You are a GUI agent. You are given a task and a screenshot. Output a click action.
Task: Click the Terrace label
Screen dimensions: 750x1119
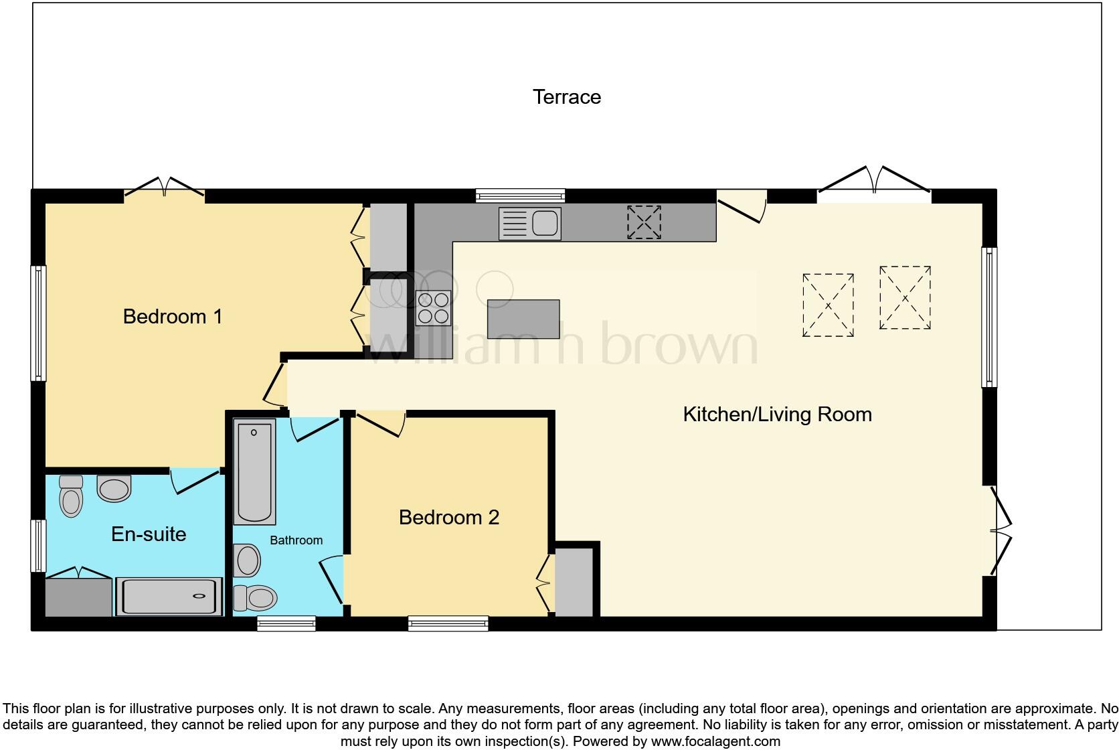coord(566,97)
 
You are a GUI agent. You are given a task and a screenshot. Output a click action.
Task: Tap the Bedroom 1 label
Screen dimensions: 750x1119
coord(172,316)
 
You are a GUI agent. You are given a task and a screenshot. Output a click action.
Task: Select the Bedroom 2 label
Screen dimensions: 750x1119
coord(448,517)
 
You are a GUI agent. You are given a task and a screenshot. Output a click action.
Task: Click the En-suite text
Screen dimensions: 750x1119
coord(148,534)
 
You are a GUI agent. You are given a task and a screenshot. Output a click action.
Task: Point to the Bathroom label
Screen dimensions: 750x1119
coord(296,540)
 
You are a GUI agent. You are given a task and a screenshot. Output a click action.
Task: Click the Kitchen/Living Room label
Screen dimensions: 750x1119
coord(776,414)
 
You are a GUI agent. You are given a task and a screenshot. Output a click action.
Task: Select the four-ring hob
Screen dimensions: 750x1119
coord(433,307)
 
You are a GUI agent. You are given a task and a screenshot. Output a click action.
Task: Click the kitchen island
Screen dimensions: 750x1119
coord(523,319)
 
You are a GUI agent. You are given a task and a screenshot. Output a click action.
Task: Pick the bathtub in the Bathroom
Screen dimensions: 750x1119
coord(254,471)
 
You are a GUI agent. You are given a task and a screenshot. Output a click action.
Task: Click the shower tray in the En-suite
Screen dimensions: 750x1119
coord(169,596)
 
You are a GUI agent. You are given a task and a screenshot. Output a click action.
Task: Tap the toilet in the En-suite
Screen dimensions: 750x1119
coord(70,496)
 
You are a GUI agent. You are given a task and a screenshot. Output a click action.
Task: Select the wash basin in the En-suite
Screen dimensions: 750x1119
coord(113,488)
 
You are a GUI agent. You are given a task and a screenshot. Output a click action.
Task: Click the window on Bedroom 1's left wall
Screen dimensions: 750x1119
coord(39,323)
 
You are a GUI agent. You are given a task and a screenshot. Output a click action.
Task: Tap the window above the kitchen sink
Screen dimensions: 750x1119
coord(520,196)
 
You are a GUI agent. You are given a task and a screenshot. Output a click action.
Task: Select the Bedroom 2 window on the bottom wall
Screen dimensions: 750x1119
coord(448,623)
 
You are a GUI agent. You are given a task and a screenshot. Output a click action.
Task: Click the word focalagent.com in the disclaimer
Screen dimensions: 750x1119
coord(715,741)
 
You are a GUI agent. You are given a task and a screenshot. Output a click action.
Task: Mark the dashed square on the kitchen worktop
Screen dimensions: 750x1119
coord(643,222)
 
